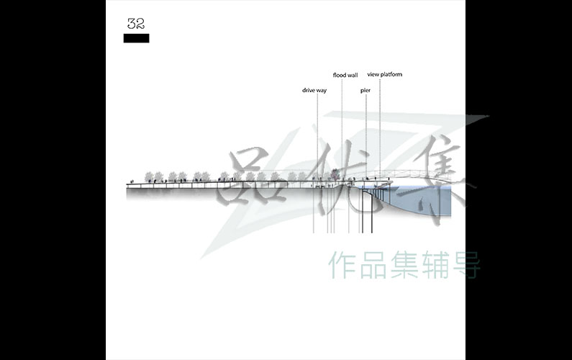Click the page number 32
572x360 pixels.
136,24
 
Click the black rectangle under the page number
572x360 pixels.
137,38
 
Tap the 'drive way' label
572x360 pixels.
314,90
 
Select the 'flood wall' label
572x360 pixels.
345,75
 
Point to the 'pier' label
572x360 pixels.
366,91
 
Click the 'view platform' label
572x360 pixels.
385,74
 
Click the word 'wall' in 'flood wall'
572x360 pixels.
352,75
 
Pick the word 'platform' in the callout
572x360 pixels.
391,74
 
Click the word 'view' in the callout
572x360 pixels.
373,74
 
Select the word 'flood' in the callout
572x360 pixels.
339,75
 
